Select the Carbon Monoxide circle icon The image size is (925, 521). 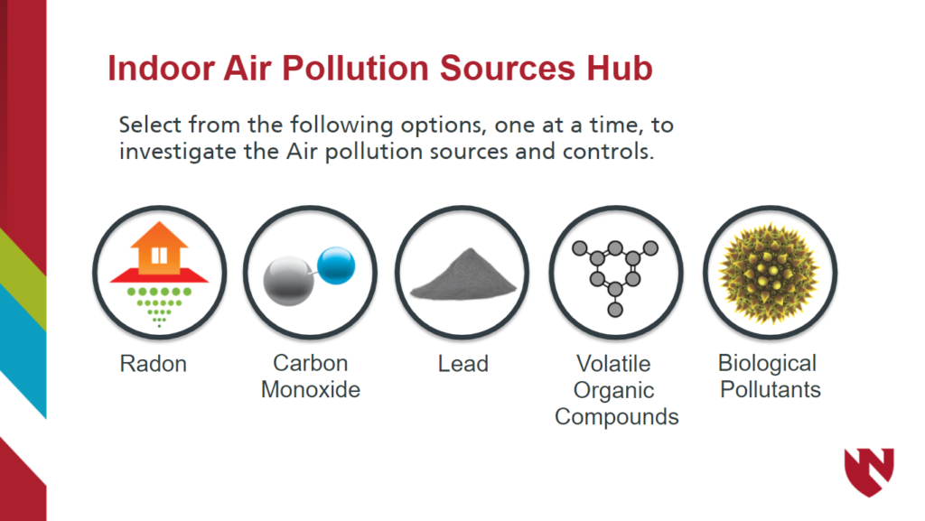(310, 272)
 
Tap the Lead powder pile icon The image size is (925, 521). (462, 272)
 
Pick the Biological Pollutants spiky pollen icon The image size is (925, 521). (770, 272)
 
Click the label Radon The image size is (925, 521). (154, 364)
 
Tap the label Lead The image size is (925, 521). (462, 364)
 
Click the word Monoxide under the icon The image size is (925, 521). (311, 390)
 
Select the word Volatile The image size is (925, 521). (613, 364)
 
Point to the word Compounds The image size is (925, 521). (616, 417)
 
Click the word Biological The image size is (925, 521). (767, 363)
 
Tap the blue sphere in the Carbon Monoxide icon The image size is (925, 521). (337, 265)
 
